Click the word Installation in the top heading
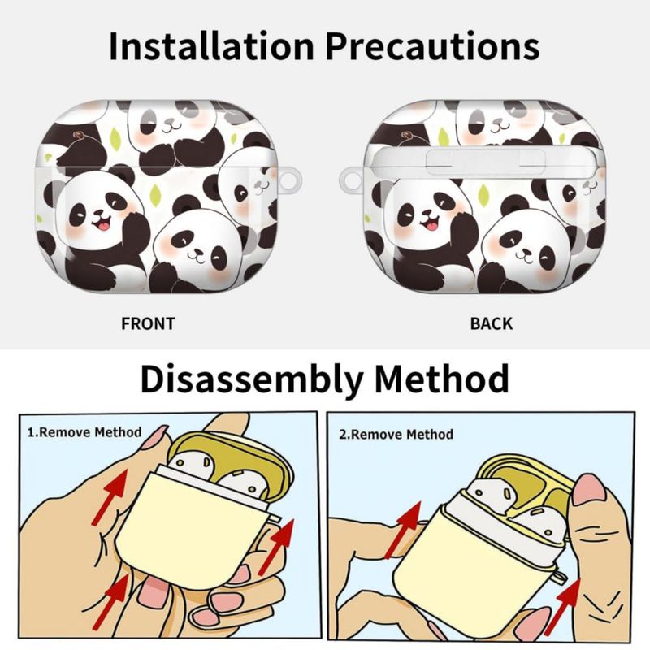tap(210, 45)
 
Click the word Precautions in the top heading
tap(432, 45)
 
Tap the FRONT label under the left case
tap(148, 323)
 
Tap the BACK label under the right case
tap(492, 323)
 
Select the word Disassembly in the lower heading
tap(252, 379)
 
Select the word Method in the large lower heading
tap(442, 379)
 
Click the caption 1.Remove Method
tap(84, 432)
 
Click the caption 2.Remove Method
tap(396, 434)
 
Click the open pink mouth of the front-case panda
tap(100, 226)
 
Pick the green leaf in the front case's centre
tap(155, 193)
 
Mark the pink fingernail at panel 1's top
tap(158, 435)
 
